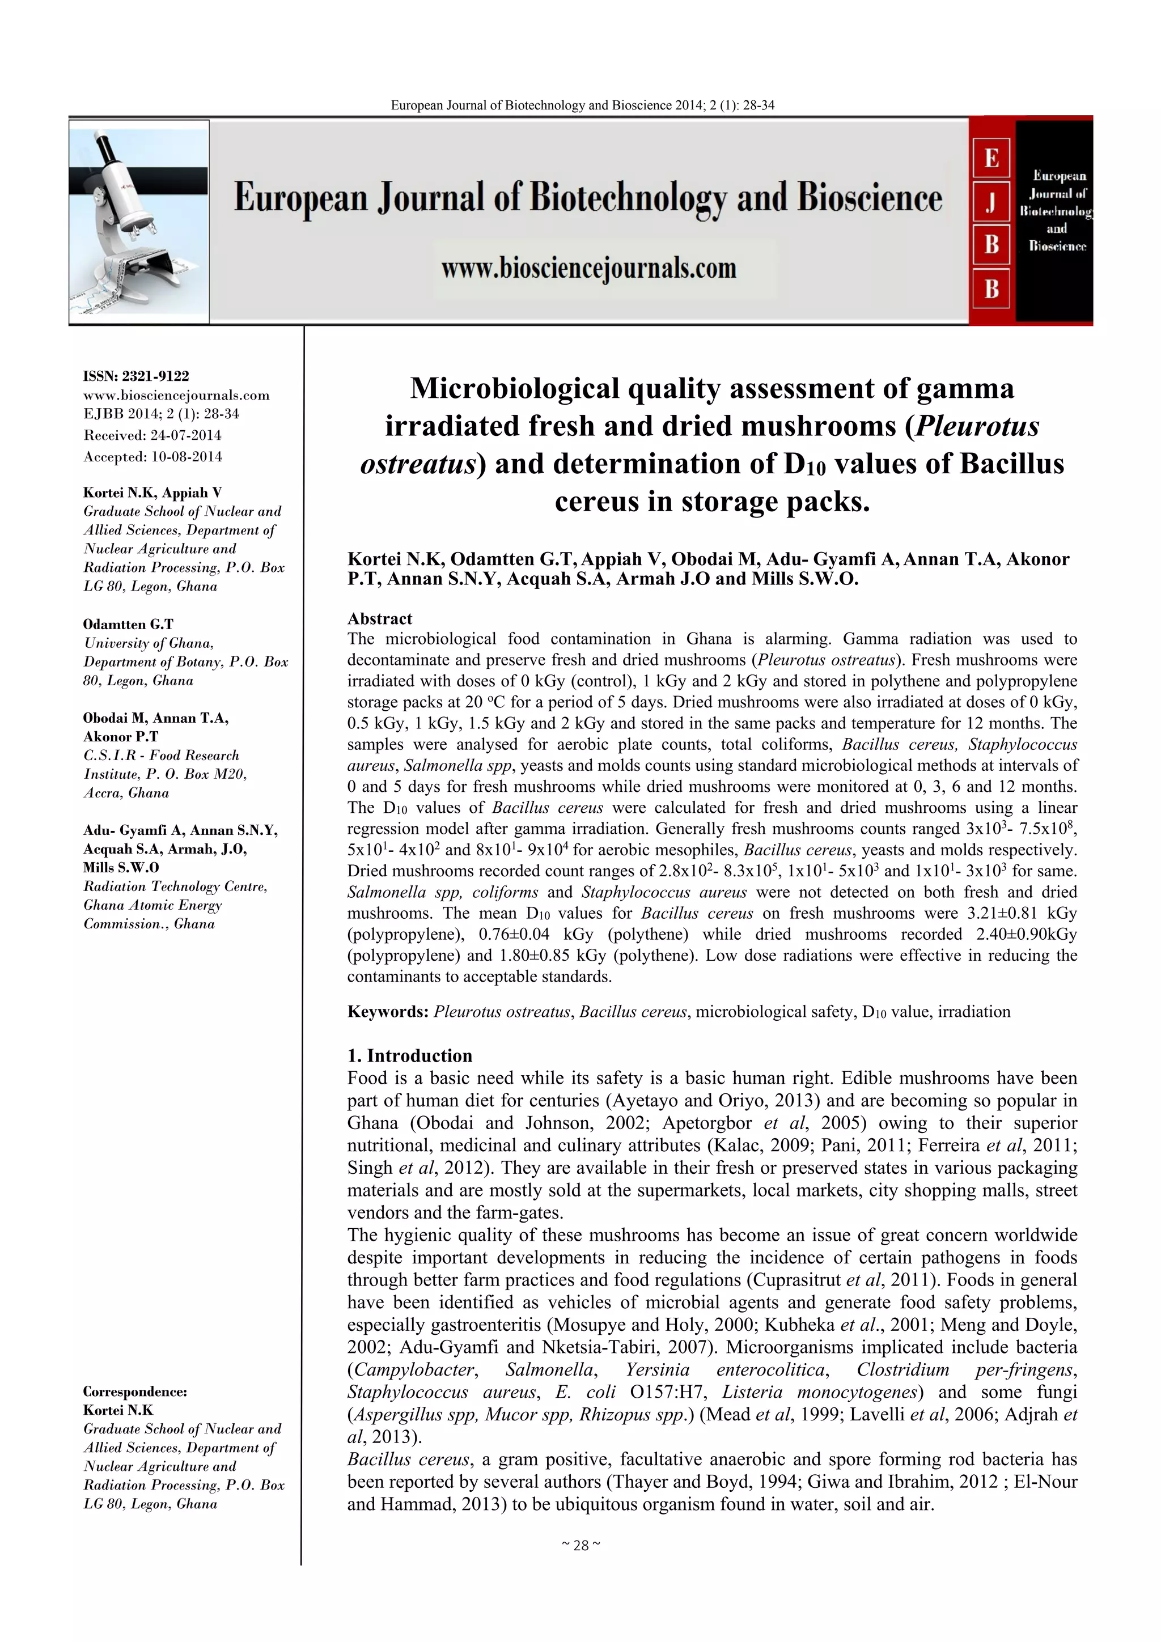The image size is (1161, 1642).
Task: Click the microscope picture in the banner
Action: point(139,221)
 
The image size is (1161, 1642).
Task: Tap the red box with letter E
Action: point(991,158)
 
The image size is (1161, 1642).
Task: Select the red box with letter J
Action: point(991,202)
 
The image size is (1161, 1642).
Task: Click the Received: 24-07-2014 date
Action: point(152,435)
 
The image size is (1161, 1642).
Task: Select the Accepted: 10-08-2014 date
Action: point(152,456)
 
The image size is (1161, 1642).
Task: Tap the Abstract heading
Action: point(379,618)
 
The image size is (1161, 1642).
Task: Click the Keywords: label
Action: point(388,1011)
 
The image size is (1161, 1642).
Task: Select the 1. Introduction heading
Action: point(409,1055)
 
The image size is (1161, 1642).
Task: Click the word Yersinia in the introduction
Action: point(658,1369)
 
